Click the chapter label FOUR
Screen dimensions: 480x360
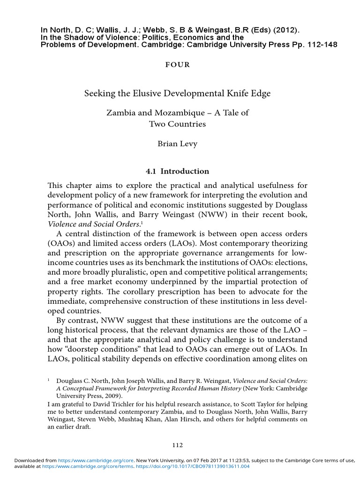[178, 65]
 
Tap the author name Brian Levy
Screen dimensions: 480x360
[177, 144]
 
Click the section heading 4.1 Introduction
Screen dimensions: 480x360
[177, 171]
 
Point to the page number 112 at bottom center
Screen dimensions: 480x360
[177, 445]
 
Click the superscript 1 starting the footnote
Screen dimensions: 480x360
[49, 380]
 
